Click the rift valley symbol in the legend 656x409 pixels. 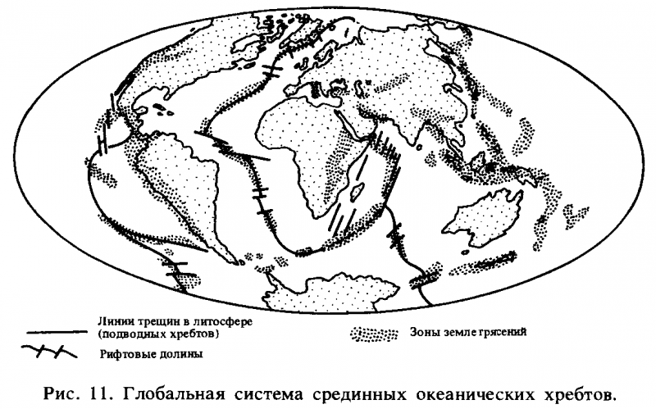point(49,353)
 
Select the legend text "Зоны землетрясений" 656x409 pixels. point(466,333)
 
